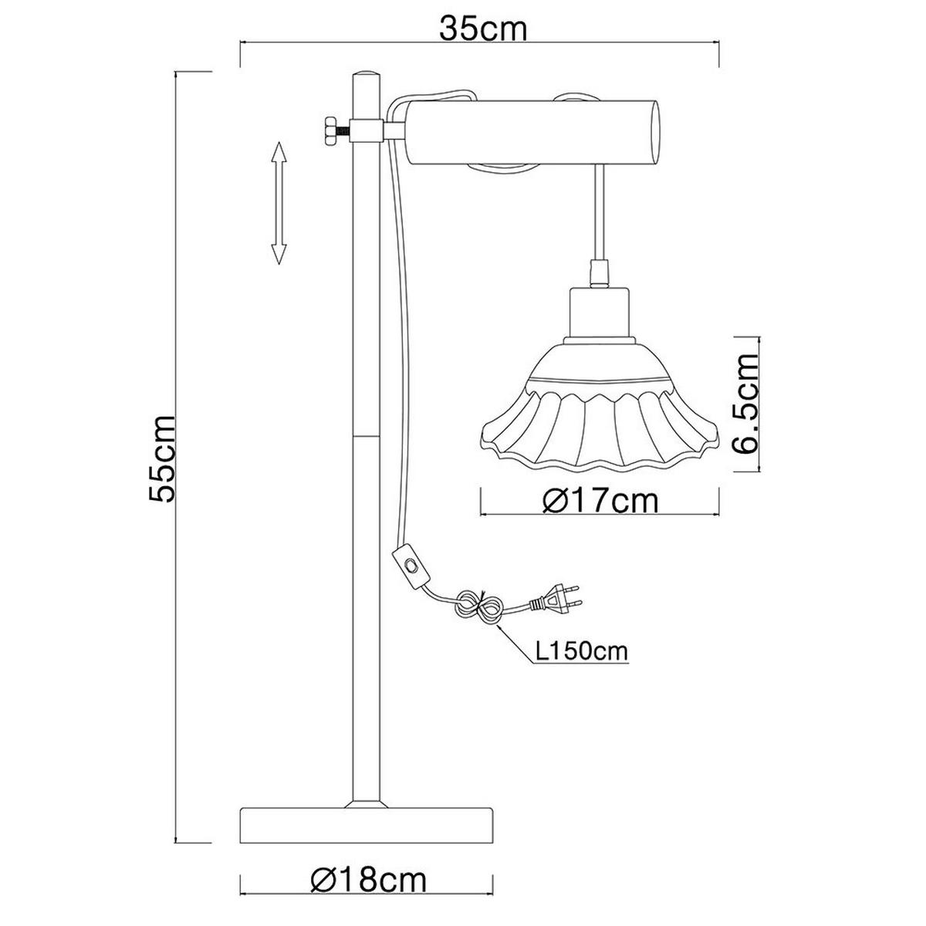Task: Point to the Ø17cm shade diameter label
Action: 600,501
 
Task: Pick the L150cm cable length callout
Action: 582,652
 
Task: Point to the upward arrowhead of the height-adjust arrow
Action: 279,150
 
